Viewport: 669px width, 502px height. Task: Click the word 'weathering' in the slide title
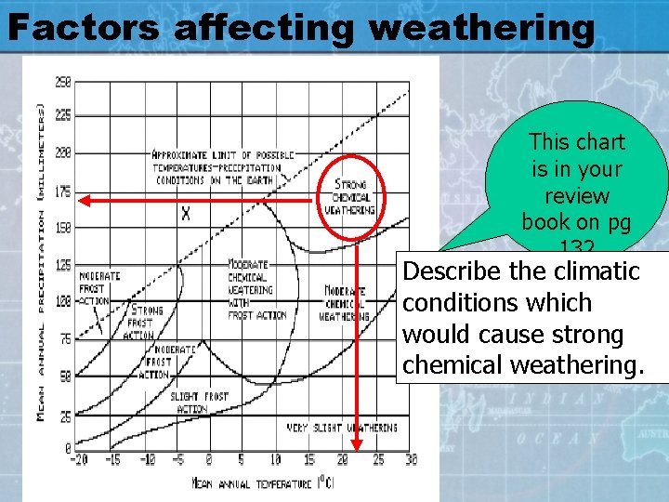click(x=480, y=28)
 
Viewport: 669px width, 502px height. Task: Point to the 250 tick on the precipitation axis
click(x=62, y=82)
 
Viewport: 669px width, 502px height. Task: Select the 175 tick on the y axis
click(x=62, y=192)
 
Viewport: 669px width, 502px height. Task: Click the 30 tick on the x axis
click(x=411, y=459)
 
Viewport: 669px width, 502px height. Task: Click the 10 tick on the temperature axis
click(x=275, y=459)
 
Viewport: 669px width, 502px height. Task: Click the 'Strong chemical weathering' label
click(x=350, y=197)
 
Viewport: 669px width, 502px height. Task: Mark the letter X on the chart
click(x=186, y=214)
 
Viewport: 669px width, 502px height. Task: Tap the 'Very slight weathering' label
click(x=341, y=429)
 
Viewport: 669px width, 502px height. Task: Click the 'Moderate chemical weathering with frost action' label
click(x=256, y=290)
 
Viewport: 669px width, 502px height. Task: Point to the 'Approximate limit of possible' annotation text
click(x=224, y=155)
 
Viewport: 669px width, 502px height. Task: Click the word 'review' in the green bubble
click(x=576, y=196)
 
